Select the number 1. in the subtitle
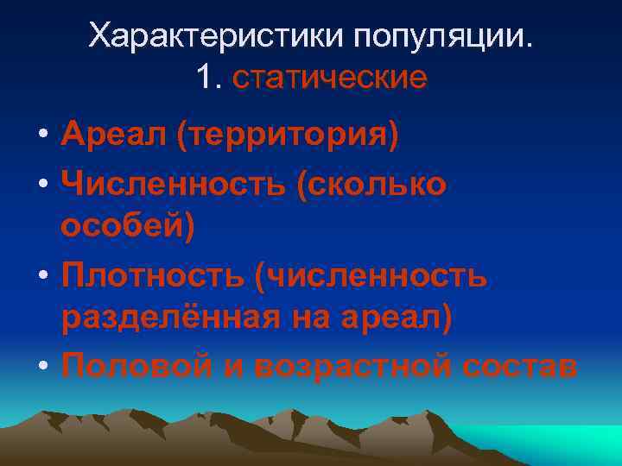(210, 78)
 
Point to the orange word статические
(330, 78)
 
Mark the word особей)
(129, 229)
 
